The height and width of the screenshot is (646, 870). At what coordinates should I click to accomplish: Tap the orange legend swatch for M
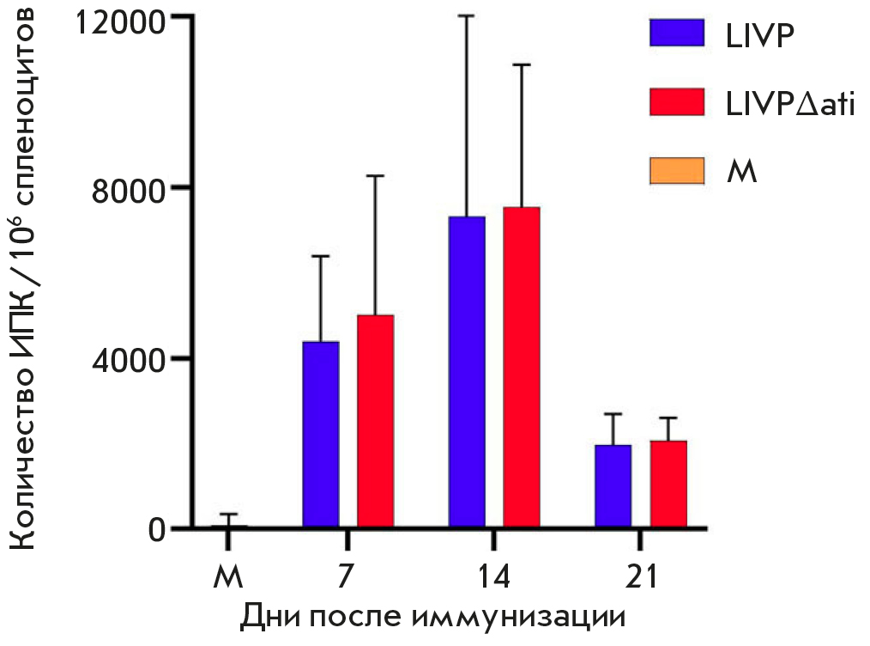pos(677,171)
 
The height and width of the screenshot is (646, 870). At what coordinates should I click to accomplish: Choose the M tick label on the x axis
pos(227,576)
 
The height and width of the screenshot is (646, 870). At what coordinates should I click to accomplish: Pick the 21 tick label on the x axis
pos(640,576)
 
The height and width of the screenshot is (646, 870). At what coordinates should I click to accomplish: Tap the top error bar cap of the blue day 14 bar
pos(467,15)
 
